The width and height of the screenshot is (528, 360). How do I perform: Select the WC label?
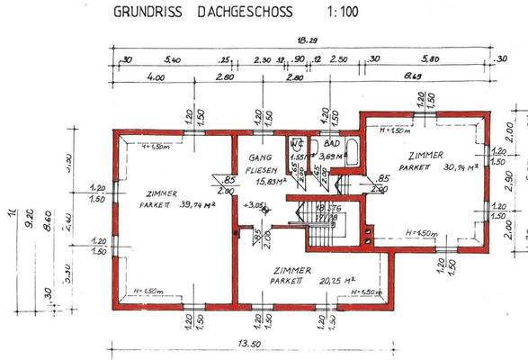[296, 144]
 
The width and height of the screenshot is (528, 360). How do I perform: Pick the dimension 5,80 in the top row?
[432, 59]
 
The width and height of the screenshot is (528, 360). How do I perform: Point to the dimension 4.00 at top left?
[155, 79]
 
